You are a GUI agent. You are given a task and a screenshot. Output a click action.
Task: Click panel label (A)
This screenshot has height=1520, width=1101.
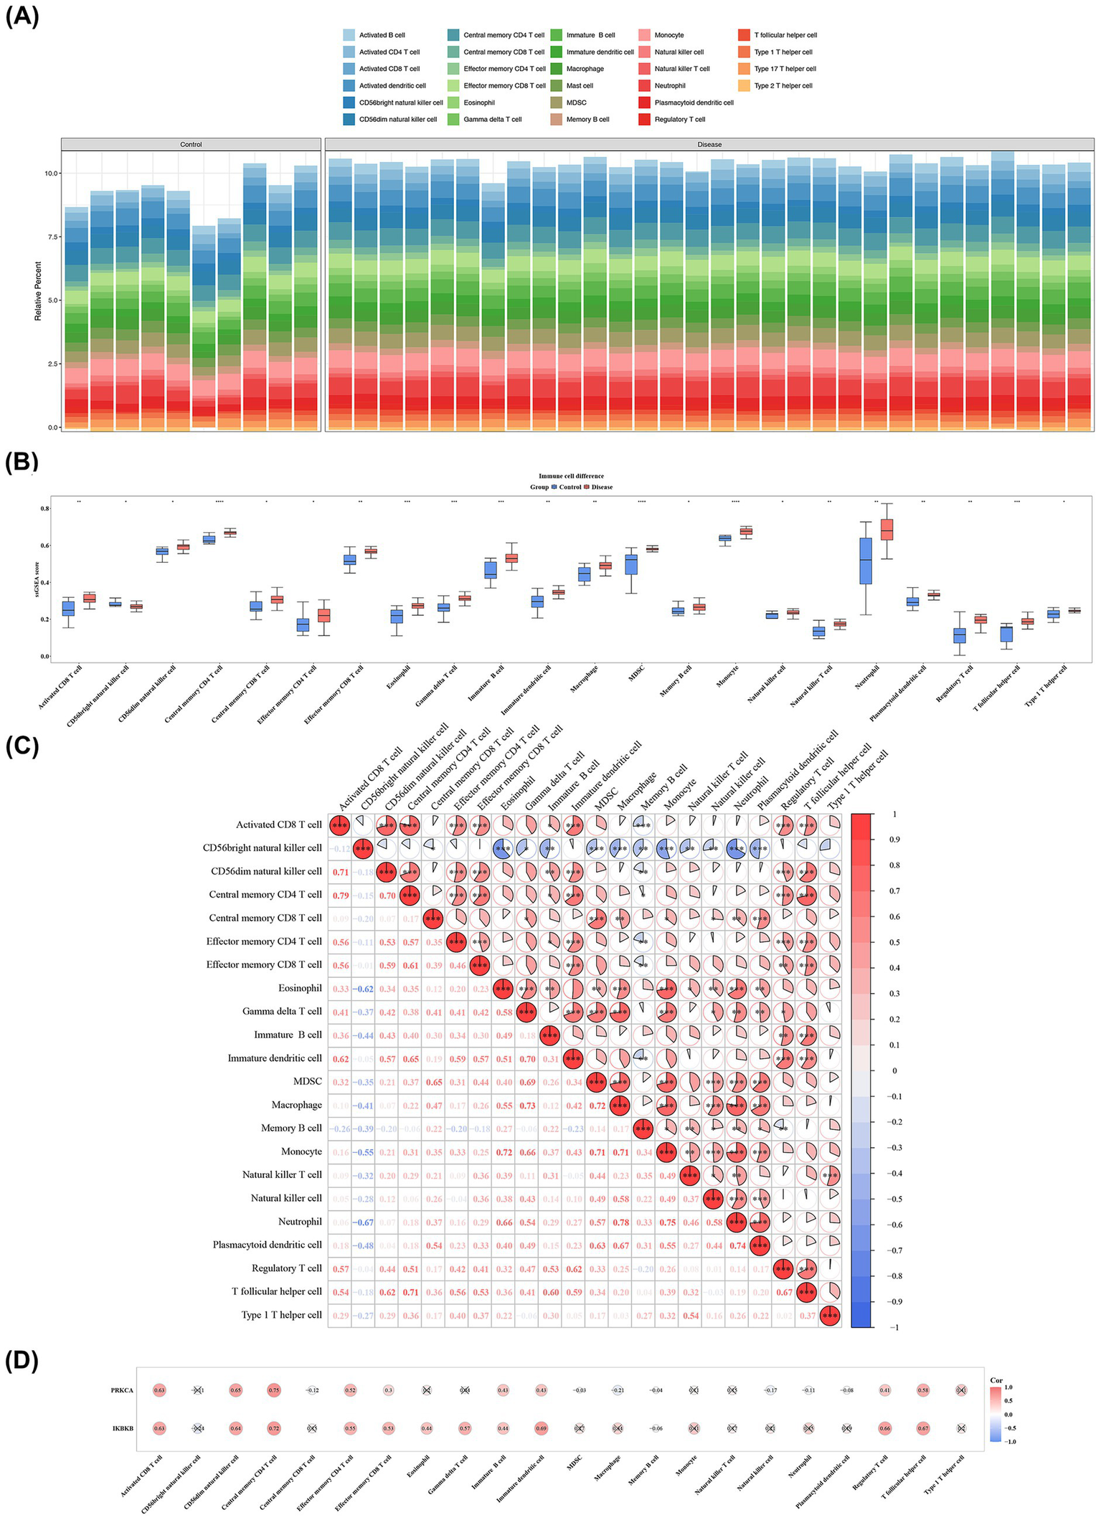[21, 16]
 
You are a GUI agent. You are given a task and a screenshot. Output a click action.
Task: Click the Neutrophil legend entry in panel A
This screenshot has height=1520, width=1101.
[669, 86]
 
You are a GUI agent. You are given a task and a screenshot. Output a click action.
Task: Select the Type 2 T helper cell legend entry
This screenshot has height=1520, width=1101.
[783, 86]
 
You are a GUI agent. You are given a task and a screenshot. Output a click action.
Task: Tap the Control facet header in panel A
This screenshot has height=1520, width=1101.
[191, 145]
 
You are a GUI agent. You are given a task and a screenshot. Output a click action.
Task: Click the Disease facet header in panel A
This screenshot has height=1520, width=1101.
[709, 145]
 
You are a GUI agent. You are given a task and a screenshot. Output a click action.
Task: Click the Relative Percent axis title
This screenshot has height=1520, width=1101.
[38, 290]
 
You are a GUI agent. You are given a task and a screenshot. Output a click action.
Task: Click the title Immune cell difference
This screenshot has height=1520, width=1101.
[571, 476]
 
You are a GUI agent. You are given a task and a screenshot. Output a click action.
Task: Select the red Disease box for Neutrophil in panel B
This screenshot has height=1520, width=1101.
[887, 530]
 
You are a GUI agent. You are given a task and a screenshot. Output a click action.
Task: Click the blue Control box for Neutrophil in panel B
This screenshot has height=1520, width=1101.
[866, 560]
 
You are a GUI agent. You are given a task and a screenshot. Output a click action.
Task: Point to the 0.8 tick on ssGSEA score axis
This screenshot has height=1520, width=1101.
[44, 509]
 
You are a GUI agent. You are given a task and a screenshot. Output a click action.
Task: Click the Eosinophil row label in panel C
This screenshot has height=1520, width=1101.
[300, 988]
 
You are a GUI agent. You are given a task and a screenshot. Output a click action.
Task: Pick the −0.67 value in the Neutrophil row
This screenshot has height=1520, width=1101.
[363, 1222]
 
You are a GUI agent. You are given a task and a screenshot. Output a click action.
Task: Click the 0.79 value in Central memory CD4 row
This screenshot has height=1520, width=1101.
[340, 895]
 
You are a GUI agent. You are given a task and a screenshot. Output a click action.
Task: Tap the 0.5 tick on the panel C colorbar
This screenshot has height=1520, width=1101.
[894, 942]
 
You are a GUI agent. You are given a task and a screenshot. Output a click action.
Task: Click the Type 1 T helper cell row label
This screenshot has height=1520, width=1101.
[281, 1315]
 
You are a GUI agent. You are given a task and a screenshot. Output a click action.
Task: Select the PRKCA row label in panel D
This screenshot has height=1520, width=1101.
[122, 1390]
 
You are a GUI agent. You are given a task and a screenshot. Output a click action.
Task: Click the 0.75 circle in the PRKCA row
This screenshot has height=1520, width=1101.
[273, 1390]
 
